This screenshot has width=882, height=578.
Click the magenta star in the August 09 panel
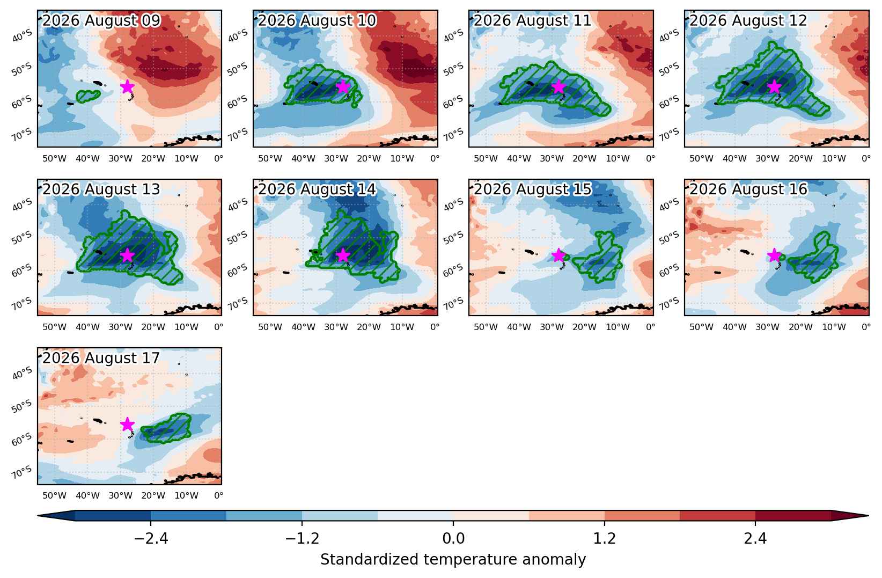[127, 86]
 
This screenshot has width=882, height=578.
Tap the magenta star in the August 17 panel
[127, 425]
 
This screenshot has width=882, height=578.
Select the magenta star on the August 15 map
[558, 255]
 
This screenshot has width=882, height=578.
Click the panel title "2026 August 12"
[748, 20]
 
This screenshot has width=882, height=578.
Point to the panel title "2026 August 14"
[317, 189]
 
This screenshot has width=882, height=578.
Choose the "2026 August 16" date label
[748, 189]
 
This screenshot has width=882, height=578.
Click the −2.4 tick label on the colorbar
[151, 538]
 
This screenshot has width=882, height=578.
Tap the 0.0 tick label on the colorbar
[453, 538]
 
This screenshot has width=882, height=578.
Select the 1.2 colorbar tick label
[605, 538]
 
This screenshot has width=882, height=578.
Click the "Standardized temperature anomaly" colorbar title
[453, 559]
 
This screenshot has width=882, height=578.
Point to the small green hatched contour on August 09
[88, 96]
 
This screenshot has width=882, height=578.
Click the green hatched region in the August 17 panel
[166, 428]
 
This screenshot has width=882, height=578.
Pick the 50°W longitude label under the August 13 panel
[54, 327]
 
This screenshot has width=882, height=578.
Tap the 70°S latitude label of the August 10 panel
[238, 135]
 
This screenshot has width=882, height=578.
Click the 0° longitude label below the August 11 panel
[650, 158]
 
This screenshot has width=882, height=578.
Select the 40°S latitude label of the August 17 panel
[22, 373]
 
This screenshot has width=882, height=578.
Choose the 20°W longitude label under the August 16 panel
[800, 327]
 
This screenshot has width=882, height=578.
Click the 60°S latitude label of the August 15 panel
[453, 270]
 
